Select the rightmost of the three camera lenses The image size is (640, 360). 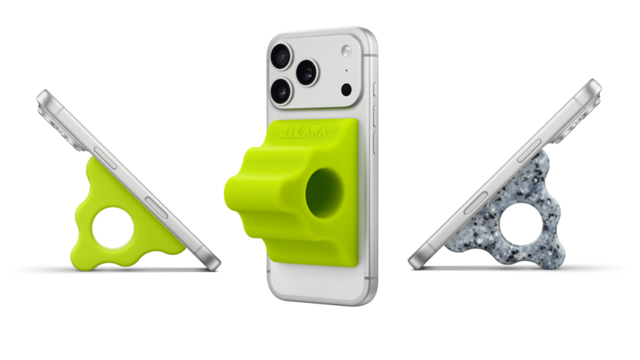point(307,72)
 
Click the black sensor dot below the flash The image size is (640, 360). point(346,89)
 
